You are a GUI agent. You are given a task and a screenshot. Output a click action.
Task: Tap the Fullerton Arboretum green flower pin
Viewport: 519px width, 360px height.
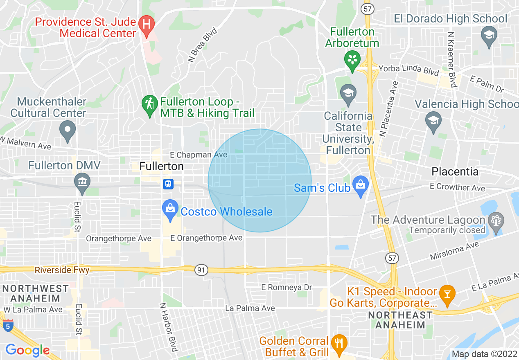pos(351,59)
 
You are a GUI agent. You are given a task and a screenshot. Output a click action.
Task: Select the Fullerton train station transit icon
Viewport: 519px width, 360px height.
pos(168,184)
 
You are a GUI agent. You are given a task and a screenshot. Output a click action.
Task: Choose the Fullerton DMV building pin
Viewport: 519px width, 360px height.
pos(82,182)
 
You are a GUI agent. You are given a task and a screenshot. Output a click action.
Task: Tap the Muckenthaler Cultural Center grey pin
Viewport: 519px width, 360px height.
pos(68,130)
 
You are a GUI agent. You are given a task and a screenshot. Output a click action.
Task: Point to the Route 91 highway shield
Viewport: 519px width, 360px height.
pos(201,270)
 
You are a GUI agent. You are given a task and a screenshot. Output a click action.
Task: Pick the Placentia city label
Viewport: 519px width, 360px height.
pos(455,171)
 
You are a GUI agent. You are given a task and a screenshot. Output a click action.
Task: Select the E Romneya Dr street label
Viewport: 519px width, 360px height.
pos(287,288)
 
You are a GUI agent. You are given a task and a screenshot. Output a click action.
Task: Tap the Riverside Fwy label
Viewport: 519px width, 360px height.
pos(62,270)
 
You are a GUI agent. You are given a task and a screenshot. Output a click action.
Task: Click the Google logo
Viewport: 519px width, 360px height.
pos(27,351)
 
